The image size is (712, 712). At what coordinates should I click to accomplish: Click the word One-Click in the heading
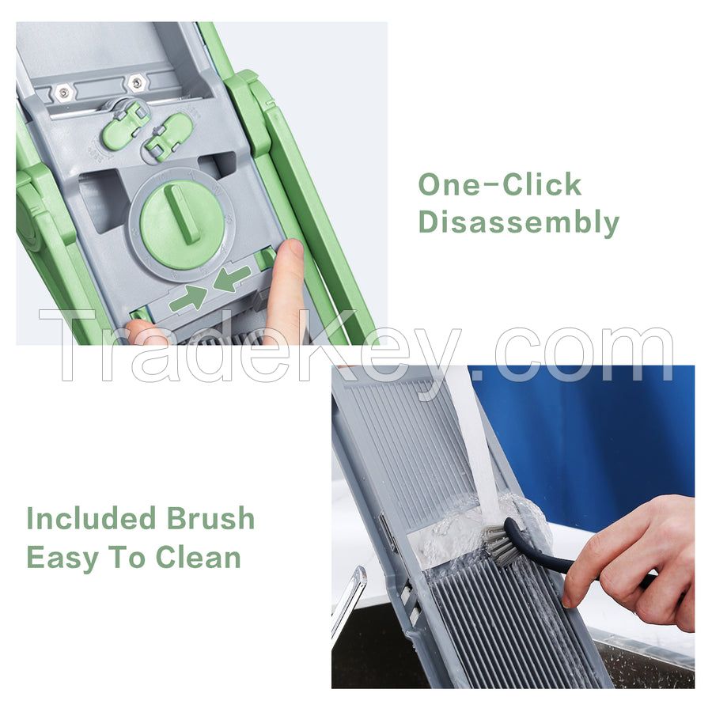pos(499,185)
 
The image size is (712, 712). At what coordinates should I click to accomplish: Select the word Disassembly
pos(518,223)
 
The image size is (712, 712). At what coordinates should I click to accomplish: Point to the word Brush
pos(210,519)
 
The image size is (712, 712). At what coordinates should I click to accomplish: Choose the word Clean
pos(198,557)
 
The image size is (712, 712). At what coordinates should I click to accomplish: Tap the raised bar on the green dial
pos(187,214)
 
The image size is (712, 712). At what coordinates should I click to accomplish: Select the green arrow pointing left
pos(232,279)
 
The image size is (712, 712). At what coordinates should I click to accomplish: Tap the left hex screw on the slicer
pos(64,92)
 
